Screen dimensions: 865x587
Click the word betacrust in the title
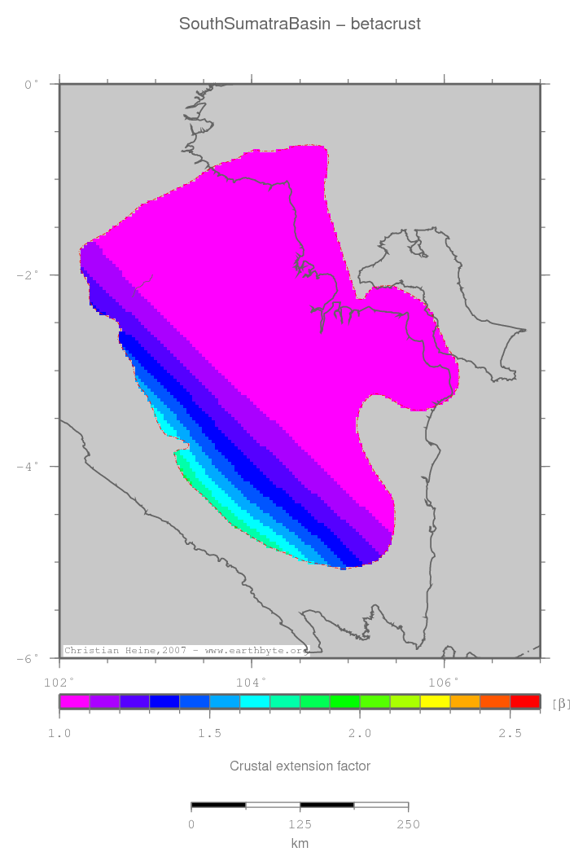[386, 24]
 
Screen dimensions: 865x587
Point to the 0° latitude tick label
[31, 84]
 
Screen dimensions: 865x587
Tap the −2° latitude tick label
[28, 275]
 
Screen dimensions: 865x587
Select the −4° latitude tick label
[28, 467]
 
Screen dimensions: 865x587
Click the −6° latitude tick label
[28, 658]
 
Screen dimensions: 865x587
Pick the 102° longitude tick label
[59, 681]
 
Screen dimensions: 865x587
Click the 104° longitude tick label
[251, 681]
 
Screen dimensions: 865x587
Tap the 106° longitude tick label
[444, 681]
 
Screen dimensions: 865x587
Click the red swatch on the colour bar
[525, 700]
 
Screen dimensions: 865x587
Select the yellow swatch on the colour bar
[435, 700]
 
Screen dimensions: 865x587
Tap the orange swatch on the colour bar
[465, 700]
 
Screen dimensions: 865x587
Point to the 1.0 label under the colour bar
[59, 734]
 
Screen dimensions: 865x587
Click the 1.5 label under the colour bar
[209, 734]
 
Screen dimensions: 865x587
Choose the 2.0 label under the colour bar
[360, 734]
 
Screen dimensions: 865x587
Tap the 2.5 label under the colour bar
[510, 734]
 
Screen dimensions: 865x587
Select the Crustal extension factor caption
[300, 766]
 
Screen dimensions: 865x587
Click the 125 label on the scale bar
[300, 825]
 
